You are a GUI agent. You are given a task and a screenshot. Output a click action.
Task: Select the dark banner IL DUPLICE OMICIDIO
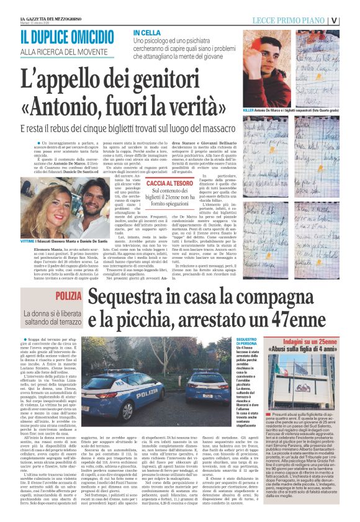click(61, 37)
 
